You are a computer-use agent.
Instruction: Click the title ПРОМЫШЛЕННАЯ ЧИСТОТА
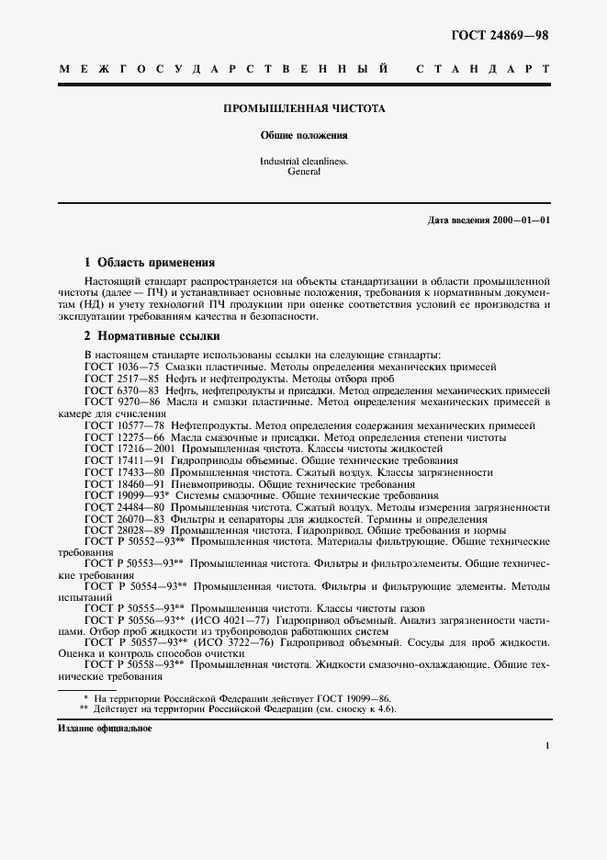(x=304, y=108)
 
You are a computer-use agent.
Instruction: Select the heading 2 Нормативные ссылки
(x=152, y=336)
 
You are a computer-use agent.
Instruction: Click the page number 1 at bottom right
(x=546, y=746)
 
